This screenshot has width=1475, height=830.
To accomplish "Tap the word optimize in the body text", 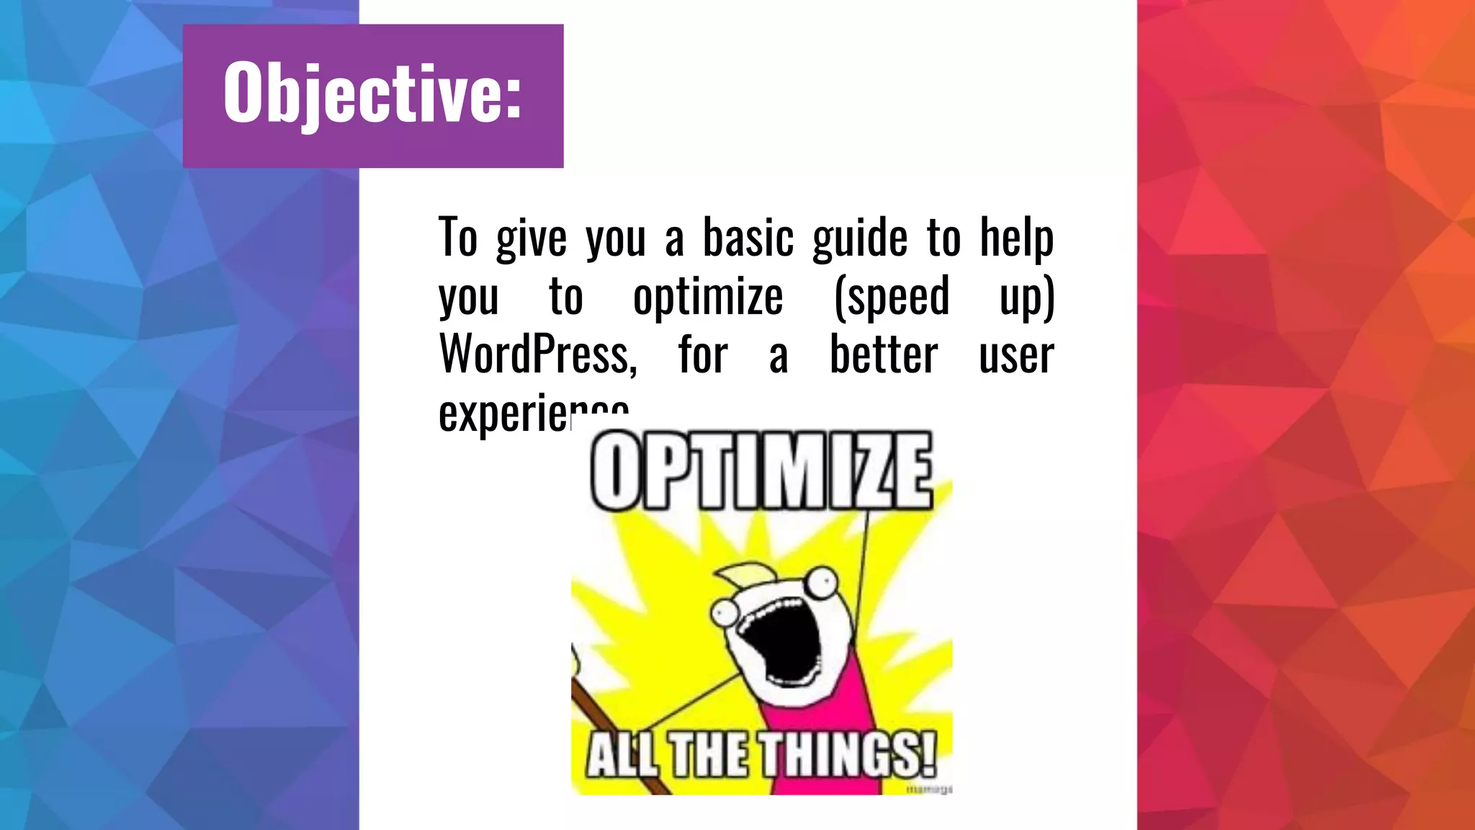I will [708, 296].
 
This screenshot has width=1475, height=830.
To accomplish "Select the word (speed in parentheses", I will [892, 296].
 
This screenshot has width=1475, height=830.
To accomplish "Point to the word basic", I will [748, 238].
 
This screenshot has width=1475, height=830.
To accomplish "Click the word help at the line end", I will [1016, 238].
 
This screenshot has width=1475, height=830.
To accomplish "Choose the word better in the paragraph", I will [884, 354].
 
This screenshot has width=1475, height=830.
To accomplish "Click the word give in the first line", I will [532, 239].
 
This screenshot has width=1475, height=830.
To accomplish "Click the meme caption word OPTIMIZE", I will [761, 472].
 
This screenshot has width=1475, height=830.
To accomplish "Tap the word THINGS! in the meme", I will [849, 754].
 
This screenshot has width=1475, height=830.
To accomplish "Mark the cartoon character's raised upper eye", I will [822, 580].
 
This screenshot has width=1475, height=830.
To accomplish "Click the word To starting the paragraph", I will [458, 238].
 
